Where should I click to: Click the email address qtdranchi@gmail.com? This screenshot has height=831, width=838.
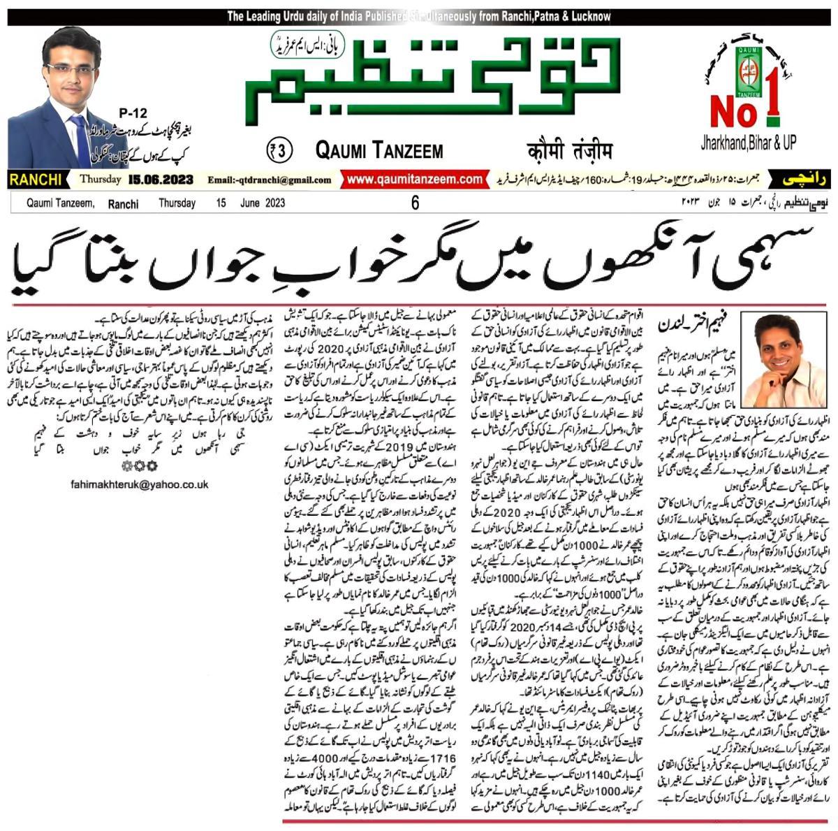(x=275, y=180)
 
